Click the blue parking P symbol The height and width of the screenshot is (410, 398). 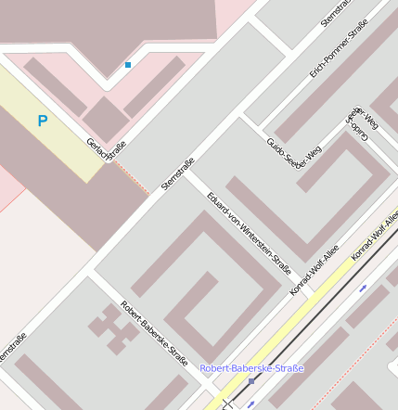pos(43,121)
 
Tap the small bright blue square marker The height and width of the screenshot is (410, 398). pos(128,65)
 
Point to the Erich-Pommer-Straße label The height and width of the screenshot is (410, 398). pos(338,48)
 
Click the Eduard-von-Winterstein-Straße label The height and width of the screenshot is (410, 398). pos(250,233)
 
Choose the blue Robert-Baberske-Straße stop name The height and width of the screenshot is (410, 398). pos(251,368)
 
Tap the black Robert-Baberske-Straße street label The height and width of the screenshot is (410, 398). pos(154,333)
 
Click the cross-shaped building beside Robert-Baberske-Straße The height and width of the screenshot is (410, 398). pos(111,327)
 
